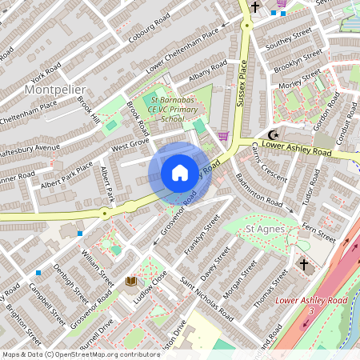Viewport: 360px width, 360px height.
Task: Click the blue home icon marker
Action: point(180,172)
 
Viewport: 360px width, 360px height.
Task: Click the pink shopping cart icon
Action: point(223,136)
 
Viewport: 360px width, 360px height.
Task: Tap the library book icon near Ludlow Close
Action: point(130,281)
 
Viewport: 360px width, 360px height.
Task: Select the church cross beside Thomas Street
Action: point(303,263)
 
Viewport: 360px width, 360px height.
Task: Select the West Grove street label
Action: point(130,146)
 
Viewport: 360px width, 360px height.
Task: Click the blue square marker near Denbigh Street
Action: point(80,233)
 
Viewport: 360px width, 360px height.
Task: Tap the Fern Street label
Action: point(318,226)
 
